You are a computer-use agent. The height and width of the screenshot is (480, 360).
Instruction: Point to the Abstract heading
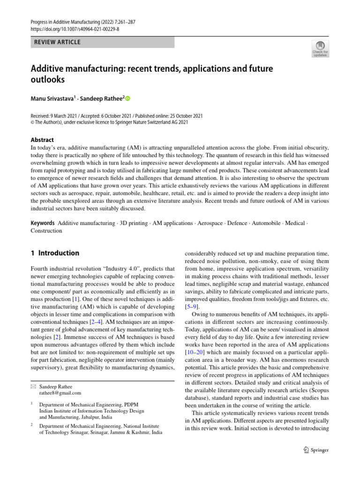coord(42,140)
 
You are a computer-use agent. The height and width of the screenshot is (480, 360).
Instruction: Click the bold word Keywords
coord(43,223)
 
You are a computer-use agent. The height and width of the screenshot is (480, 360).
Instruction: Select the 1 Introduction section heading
coord(55,253)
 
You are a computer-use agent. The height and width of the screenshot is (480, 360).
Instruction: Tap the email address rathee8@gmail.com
coord(60,393)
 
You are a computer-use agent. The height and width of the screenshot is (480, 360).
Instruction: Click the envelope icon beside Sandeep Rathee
coord(33,386)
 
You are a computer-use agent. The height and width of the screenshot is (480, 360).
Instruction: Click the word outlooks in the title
coord(48,80)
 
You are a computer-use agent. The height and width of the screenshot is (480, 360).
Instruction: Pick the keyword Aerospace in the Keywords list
coord(210,223)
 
